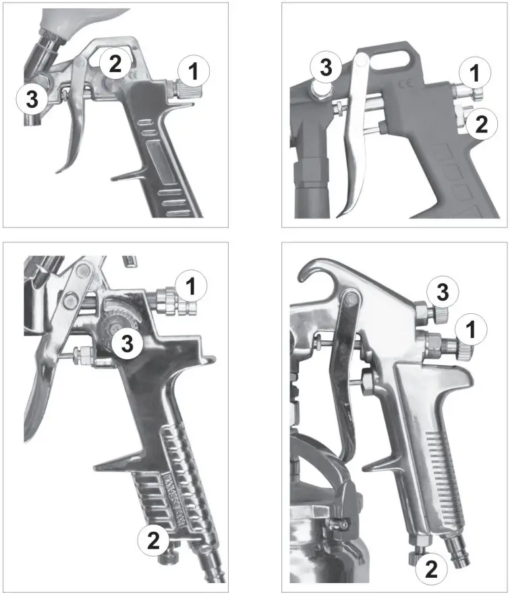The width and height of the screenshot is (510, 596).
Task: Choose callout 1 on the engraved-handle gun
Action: pos(192,286)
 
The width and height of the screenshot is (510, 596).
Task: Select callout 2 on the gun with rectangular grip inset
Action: pos(115,65)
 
